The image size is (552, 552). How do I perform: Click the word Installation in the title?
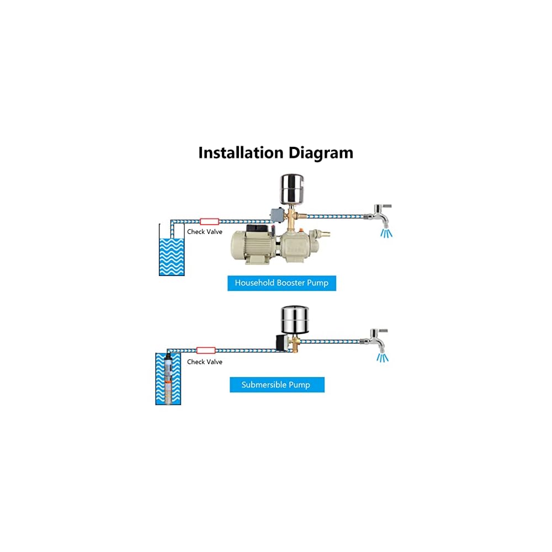241,153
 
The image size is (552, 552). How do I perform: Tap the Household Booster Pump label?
282,283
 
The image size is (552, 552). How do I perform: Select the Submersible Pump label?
277,385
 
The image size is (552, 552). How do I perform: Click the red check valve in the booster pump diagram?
209,221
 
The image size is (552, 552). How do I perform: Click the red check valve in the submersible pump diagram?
206,351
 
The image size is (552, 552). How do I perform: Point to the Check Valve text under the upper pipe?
205,232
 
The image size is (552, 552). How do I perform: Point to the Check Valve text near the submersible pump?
205,362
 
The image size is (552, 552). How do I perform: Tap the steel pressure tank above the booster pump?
292,189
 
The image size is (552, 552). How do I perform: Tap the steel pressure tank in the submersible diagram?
295,320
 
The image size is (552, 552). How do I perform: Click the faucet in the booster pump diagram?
379,215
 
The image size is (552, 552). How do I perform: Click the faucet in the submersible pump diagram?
375,340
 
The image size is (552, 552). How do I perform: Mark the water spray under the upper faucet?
386,233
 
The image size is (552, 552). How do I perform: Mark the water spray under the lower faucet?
383,358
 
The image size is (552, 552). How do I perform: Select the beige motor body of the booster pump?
252,246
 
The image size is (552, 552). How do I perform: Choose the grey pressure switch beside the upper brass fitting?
277,215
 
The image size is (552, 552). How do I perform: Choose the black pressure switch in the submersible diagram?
282,343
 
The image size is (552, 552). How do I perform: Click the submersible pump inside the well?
168,379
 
